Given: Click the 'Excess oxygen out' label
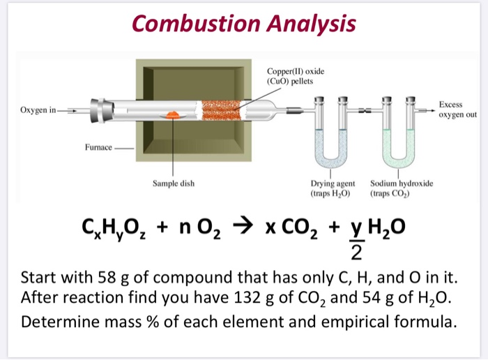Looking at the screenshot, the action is click(457, 110).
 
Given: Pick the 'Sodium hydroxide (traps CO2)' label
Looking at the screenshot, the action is click(402, 188).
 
